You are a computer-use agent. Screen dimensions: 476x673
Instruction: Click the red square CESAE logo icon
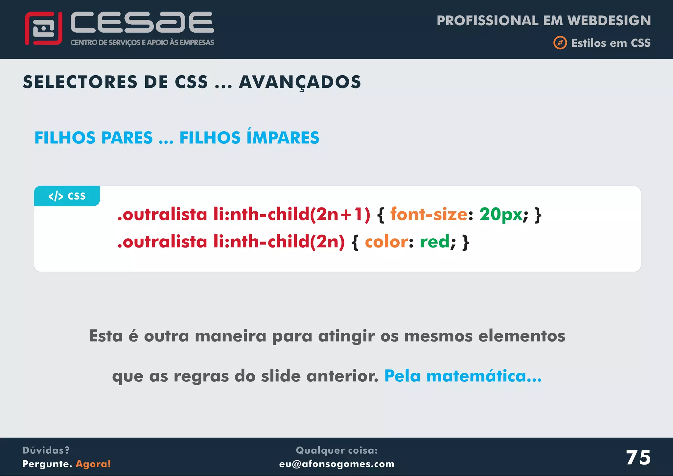pos(43,28)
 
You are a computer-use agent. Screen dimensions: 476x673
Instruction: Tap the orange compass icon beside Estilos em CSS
pos(560,43)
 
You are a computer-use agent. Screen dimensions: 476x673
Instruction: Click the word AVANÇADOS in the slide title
pos(300,82)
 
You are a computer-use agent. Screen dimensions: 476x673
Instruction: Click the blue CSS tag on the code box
pos(67,196)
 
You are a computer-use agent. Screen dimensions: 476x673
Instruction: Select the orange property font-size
pos(429,214)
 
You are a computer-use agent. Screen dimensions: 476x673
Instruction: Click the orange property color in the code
pos(386,242)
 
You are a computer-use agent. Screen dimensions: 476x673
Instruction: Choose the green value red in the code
pos(434,242)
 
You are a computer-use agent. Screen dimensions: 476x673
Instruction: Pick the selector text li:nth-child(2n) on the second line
pos(279,242)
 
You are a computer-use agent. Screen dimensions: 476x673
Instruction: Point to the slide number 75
pos(638,457)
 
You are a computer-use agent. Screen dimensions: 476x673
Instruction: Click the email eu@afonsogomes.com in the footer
pos(336,464)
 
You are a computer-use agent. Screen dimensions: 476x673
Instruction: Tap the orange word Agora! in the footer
pos(93,464)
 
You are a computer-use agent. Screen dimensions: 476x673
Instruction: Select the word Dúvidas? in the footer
pos(46,450)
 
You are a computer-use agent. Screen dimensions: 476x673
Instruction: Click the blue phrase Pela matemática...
pos(463,376)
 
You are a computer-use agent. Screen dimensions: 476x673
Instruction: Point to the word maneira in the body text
pos(230,336)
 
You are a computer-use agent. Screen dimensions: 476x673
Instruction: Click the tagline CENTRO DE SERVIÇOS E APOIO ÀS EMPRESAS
pos(142,42)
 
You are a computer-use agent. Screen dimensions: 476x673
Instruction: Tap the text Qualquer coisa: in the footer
pos(336,450)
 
